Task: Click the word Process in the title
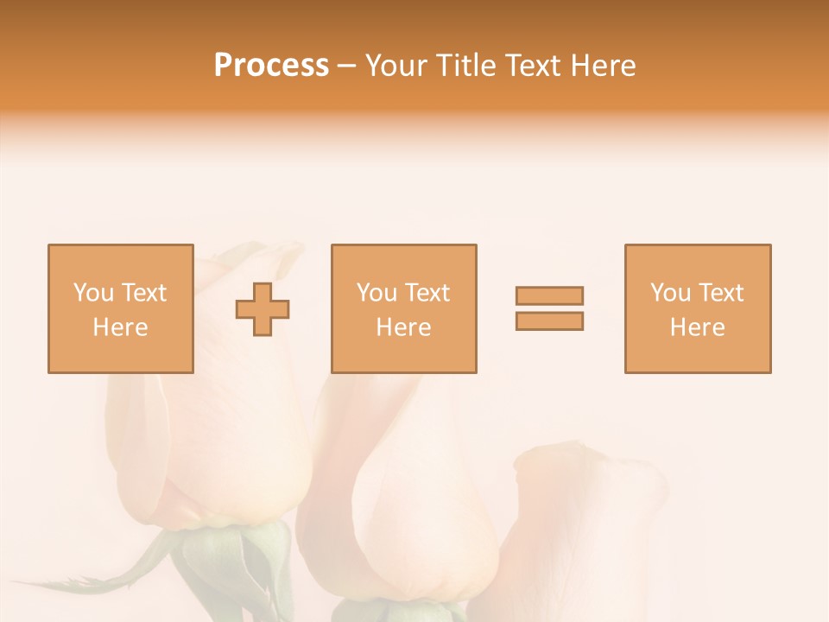271,66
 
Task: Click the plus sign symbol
263,308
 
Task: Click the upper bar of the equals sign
549,295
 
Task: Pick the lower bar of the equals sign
549,321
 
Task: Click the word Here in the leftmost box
120,327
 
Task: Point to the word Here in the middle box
403,327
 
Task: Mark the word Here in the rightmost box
698,327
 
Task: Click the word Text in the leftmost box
143,293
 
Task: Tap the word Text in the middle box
427,293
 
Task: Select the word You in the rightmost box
670,293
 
